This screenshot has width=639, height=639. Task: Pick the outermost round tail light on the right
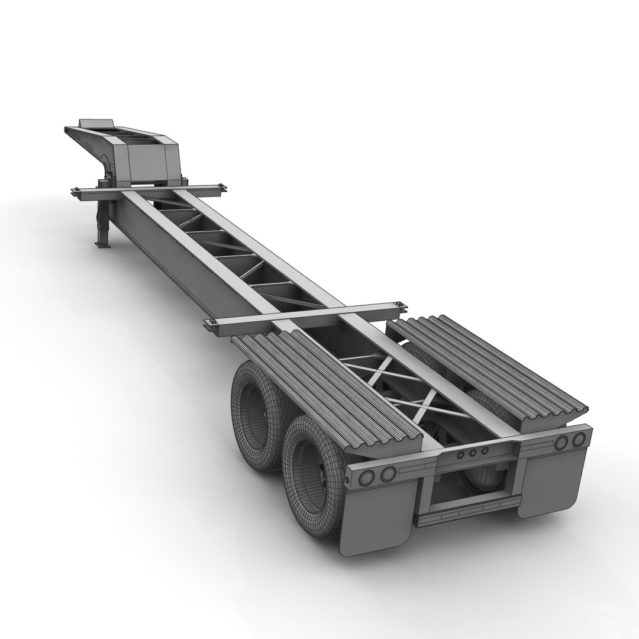580,439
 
